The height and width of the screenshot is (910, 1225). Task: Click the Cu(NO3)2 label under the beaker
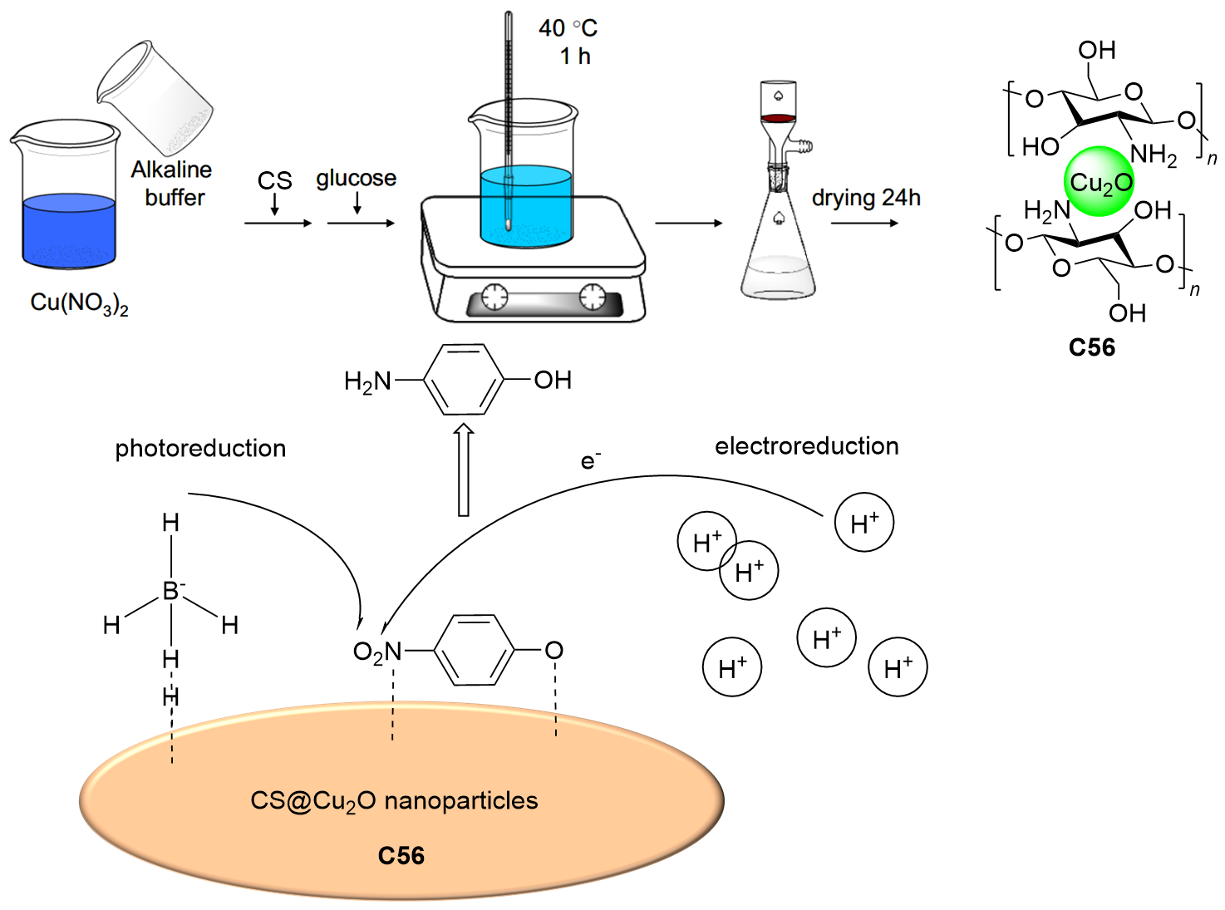pos(79,303)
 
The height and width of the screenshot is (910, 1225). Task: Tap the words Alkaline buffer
pos(171,184)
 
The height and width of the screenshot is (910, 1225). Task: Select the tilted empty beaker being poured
pos(155,98)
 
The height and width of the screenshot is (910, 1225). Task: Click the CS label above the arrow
pos(274,180)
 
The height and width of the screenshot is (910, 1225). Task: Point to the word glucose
pos(356,179)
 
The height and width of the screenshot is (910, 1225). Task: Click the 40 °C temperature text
pos(568,28)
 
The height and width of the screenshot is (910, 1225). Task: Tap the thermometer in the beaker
pos(508,116)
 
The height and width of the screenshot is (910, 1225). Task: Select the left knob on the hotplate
pos(494,296)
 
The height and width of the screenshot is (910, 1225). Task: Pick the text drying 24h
pos(866,198)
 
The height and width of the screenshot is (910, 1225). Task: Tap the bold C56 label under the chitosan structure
pos(1091,347)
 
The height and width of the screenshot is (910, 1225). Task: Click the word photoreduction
pos(200,449)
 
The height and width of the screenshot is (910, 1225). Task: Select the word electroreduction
pos(806,446)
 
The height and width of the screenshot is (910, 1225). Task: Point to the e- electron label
pos(590,460)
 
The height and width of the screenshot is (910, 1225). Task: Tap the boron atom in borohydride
pos(171,591)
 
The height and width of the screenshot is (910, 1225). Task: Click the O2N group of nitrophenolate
pos(377,652)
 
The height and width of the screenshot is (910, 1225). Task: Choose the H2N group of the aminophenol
pos(367,381)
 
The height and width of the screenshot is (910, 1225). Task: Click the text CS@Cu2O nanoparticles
pos(394,801)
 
